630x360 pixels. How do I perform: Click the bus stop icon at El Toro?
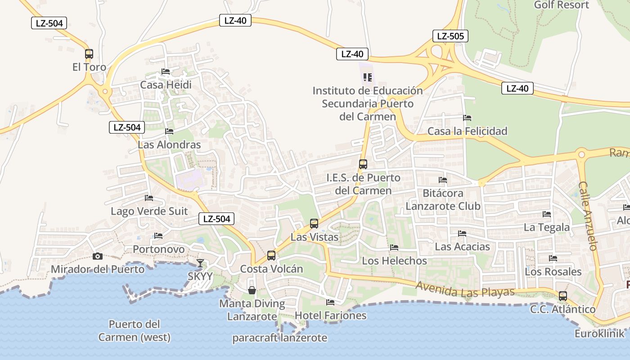pos(89,54)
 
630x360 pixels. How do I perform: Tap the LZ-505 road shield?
pos(450,36)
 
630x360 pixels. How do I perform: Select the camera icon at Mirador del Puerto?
pos(97,256)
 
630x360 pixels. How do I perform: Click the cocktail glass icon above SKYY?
pos(200,263)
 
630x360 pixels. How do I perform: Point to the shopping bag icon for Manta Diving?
pos(252,290)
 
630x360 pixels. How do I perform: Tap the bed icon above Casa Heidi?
pos(166,72)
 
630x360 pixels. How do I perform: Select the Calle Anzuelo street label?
pos(588,216)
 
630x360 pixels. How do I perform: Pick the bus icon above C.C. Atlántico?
pos(563,296)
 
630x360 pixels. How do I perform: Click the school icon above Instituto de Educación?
pos(368,77)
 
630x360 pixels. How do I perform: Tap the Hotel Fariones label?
pos(331,315)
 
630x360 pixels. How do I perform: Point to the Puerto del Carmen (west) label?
pos(135,331)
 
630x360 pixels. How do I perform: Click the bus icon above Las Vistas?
pos(314,223)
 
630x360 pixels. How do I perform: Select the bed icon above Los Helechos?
pos(394,247)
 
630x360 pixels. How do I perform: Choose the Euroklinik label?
pos(600,333)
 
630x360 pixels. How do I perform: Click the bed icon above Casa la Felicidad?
pos(467,118)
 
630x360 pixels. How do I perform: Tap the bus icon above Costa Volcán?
pos(271,256)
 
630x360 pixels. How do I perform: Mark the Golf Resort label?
pos(561,5)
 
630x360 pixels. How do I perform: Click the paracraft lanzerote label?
pos(280,338)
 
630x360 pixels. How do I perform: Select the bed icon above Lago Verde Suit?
pos(149,198)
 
